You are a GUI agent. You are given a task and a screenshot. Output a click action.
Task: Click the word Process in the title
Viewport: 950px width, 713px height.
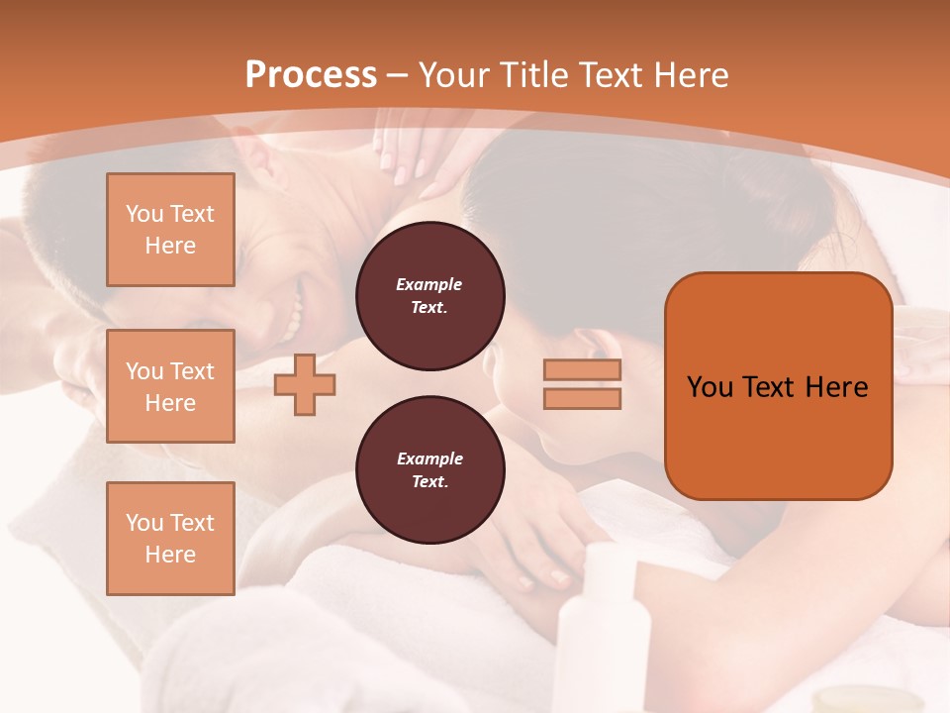pos(311,74)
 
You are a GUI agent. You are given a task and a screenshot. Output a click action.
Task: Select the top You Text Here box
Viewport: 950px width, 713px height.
pos(170,230)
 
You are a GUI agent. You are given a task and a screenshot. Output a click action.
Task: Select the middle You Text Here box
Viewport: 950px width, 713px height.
pos(170,386)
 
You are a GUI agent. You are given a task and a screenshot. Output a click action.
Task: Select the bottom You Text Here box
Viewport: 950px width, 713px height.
pos(170,539)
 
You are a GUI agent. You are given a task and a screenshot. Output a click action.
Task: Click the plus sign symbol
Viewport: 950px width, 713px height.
pos(305,386)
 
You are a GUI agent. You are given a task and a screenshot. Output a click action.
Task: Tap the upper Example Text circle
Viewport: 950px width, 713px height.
pos(429,296)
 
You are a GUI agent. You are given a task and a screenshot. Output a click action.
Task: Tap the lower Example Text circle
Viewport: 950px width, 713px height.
pos(429,470)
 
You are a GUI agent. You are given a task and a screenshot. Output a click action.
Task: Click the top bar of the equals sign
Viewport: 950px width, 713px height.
pos(582,370)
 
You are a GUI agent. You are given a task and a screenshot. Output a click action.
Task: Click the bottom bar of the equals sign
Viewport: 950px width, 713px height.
pos(582,399)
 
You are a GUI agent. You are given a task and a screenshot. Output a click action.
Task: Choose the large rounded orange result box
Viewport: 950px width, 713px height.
pos(778,386)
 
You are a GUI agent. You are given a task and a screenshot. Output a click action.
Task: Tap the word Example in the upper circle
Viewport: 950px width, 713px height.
pos(429,284)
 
